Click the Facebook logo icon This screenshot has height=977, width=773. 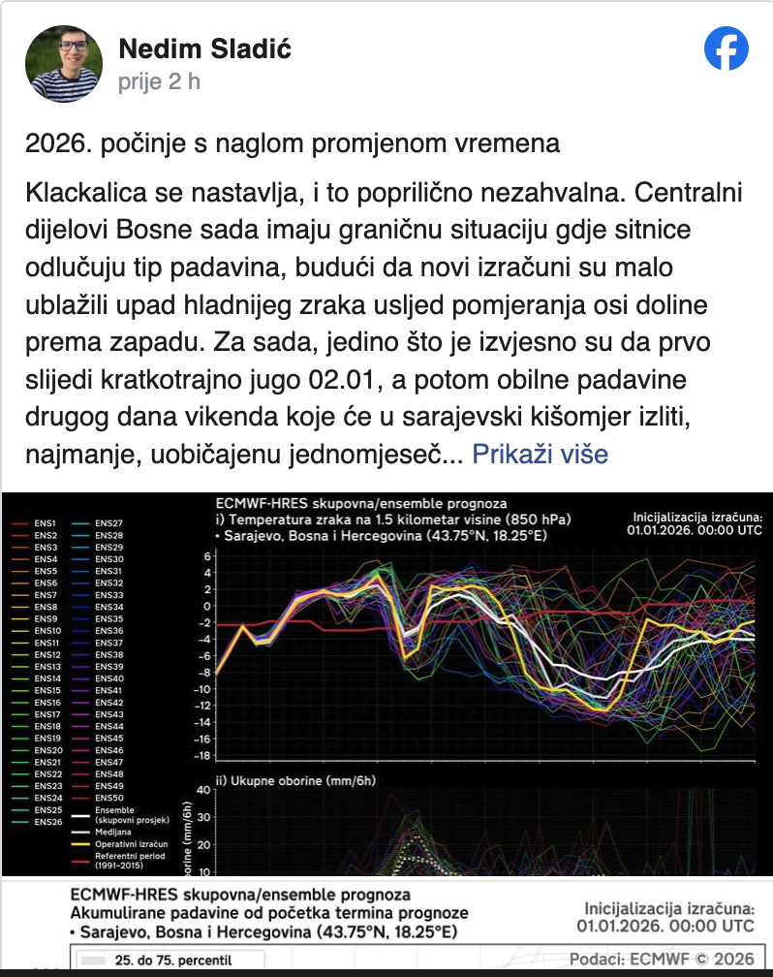[727, 48]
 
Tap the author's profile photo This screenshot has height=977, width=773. [64, 64]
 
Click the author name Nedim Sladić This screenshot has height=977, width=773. [203, 48]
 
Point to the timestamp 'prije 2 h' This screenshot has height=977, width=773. [159, 81]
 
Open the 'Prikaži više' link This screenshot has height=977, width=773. [540, 453]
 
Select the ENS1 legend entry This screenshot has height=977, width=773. [45, 523]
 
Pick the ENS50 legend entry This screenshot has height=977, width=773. [109, 799]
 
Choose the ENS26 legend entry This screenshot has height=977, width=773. [47, 822]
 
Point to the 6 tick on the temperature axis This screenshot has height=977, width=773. [205, 555]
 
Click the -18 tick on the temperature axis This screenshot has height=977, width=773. [201, 756]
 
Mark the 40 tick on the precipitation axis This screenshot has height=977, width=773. [202, 789]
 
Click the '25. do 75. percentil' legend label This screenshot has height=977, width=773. [173, 961]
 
